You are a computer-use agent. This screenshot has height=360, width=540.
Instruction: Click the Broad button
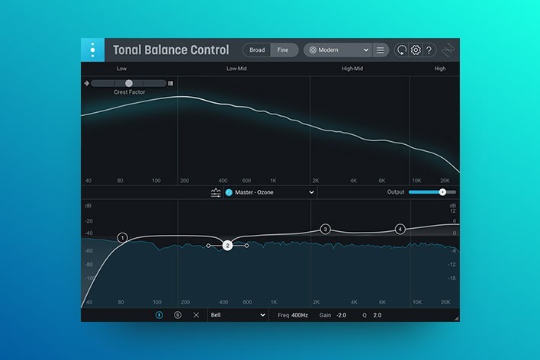257,50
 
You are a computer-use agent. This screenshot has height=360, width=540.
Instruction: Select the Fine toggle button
283,50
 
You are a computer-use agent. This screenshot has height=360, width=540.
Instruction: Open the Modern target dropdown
337,50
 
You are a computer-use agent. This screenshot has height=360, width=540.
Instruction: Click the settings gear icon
416,50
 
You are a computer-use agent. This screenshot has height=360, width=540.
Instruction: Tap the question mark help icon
429,50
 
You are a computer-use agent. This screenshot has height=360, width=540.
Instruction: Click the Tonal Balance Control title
171,50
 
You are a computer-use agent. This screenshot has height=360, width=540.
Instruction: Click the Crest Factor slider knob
129,83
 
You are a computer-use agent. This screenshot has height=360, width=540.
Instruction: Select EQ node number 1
122,238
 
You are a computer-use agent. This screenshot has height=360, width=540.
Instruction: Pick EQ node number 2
227,246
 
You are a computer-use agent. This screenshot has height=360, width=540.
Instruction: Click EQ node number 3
325,229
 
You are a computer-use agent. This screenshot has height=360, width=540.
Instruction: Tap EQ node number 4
400,229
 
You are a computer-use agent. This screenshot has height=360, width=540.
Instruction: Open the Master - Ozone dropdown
270,192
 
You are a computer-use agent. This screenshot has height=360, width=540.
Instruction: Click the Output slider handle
442,192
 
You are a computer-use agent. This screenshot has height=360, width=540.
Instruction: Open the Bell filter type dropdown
238,314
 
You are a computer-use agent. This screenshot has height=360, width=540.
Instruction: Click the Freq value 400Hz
299,314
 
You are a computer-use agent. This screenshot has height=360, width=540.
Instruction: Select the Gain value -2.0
341,314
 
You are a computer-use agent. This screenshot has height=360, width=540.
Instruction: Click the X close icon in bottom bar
196,314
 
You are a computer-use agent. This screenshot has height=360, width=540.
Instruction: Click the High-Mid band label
352,69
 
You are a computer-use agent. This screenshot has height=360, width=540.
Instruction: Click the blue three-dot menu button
92,50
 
